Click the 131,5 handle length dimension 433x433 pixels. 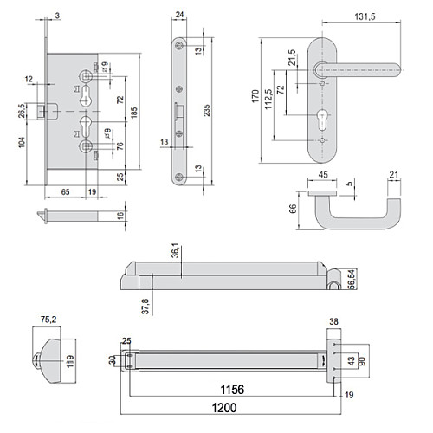[x=365, y=16]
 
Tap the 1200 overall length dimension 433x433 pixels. [x=224, y=408]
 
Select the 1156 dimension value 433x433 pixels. [x=232, y=390]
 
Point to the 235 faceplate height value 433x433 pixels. [x=207, y=111]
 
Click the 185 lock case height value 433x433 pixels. [x=134, y=113]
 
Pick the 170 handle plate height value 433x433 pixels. [x=255, y=96]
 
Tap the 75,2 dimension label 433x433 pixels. [x=48, y=320]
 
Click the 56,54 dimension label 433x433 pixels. [x=352, y=279]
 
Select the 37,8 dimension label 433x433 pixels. [x=145, y=307]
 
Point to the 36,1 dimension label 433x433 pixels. [x=175, y=250]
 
